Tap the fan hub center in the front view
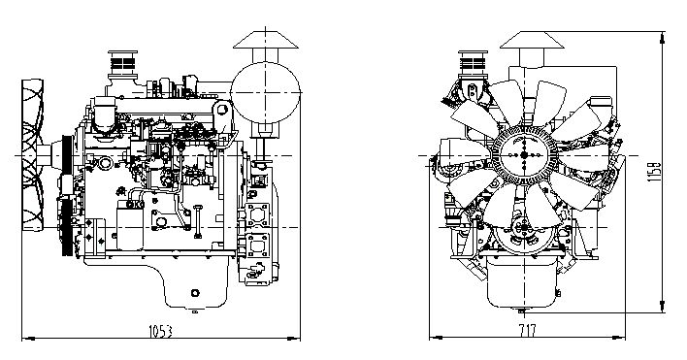(524, 154)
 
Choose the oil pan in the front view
(524, 286)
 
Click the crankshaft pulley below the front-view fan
(524, 234)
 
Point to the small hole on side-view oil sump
(193, 293)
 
